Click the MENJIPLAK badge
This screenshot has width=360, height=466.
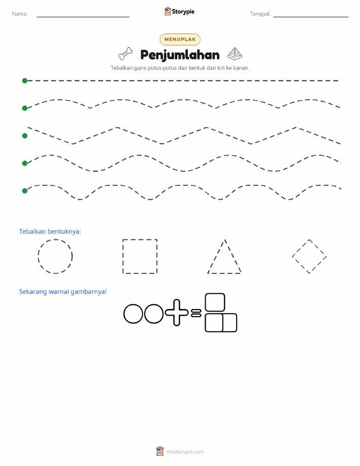[x=180, y=39]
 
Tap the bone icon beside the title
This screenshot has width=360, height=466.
[x=125, y=54]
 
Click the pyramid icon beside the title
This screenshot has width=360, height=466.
[x=235, y=53]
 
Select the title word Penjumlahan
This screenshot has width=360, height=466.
[x=180, y=55]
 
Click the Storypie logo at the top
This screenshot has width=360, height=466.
[x=179, y=12]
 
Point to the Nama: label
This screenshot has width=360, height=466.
[x=20, y=14]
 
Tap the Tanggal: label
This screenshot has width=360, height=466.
[x=260, y=14]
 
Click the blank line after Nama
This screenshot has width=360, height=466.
[x=83, y=17]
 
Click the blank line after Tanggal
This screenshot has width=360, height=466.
[x=311, y=17]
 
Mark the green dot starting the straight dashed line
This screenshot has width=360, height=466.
[x=25, y=80]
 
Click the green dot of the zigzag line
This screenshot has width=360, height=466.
[x=25, y=136]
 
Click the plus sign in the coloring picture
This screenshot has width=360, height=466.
[x=177, y=313]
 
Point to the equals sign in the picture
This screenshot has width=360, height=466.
[x=196, y=313]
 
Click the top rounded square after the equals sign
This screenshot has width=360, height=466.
[x=215, y=302]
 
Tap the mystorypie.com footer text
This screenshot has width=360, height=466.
[x=185, y=452]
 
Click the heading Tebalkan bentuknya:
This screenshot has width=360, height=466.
[x=50, y=232]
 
